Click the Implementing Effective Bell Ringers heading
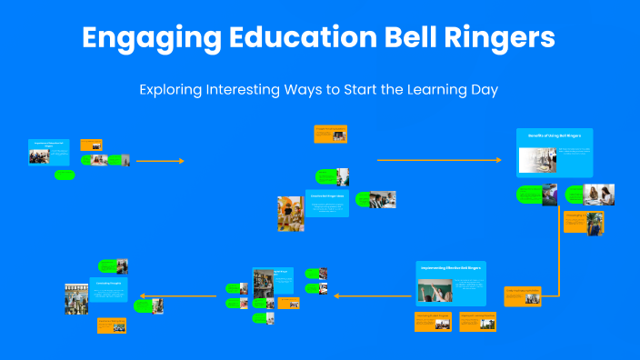[x=451, y=268]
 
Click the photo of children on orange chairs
[x=291, y=214]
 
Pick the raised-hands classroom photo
[x=434, y=291]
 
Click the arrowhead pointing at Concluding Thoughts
[x=138, y=295]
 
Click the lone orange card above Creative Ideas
[x=330, y=134]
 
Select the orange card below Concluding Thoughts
[x=112, y=325]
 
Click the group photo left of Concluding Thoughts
[x=75, y=298]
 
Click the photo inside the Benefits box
[x=537, y=161]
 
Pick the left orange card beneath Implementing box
[x=433, y=322]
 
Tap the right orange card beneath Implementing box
[x=477, y=322]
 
